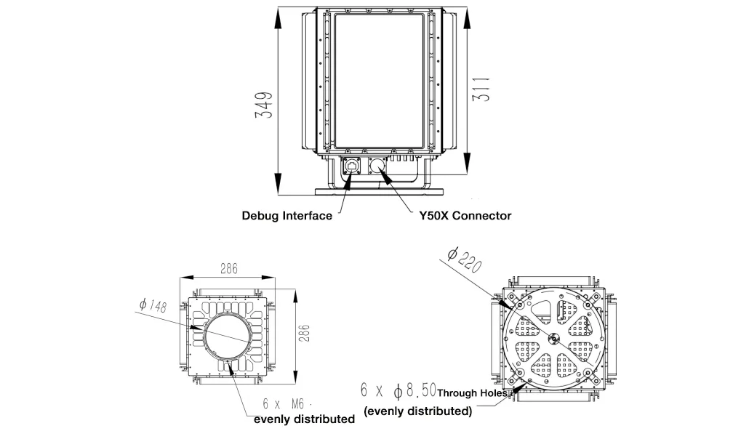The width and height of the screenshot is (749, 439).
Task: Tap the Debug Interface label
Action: [x=287, y=216]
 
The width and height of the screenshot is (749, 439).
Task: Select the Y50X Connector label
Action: [x=465, y=216]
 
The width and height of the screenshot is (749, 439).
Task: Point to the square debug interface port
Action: [x=353, y=165]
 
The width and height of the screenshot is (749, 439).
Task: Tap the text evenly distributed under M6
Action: [x=304, y=419]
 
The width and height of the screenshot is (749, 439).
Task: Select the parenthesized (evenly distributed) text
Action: [x=417, y=411]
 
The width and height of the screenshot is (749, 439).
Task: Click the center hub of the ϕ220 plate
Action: [x=554, y=337]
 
